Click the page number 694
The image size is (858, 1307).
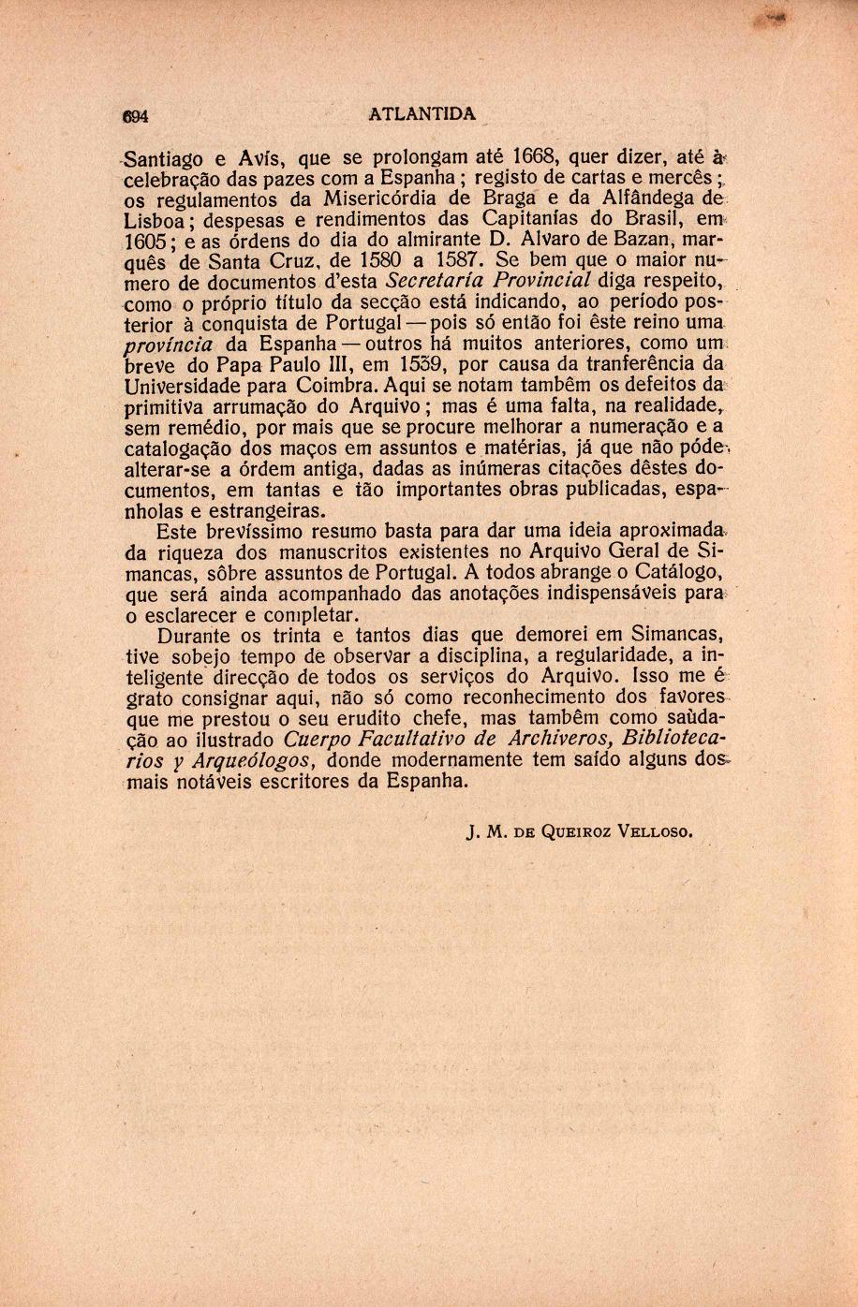[137, 116]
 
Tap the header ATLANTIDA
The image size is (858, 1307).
[422, 114]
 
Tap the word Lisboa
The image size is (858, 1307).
[155, 221]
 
